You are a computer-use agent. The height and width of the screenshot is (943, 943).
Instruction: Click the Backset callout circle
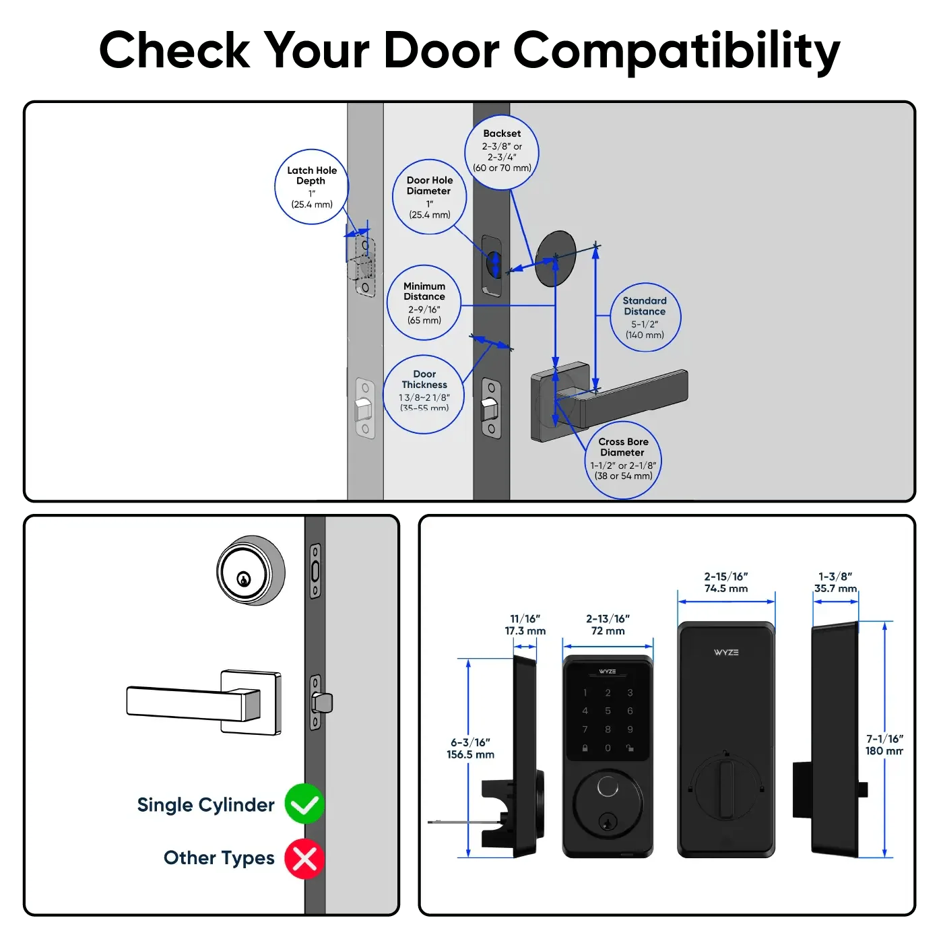click(502, 152)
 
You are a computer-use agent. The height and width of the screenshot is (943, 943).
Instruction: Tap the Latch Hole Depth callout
click(312, 187)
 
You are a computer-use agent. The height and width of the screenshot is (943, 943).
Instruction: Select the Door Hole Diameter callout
click(429, 197)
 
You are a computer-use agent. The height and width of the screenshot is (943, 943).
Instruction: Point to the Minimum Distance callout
click(424, 303)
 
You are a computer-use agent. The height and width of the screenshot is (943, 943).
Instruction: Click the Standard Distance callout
click(645, 317)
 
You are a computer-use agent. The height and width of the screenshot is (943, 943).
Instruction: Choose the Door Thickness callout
click(424, 394)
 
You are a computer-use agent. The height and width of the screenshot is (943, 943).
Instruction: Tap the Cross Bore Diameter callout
click(623, 460)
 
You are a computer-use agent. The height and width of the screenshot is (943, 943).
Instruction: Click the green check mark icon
click(304, 804)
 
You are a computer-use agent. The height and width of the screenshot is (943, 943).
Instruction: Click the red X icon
click(304, 859)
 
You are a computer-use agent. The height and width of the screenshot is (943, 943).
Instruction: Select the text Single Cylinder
click(205, 805)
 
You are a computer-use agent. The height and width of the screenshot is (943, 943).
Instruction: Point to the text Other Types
click(219, 858)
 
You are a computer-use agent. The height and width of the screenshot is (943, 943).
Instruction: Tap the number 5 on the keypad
click(608, 711)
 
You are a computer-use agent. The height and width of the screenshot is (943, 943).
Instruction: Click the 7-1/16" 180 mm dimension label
click(884, 744)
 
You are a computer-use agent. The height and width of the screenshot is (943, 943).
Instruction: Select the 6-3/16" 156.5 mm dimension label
click(470, 748)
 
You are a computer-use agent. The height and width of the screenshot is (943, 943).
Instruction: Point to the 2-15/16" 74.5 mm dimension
click(726, 583)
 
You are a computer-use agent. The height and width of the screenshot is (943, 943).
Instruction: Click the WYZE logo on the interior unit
click(726, 652)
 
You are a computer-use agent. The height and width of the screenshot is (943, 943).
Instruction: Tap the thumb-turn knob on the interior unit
click(725, 787)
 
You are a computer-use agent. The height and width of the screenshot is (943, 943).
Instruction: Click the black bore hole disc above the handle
click(556, 259)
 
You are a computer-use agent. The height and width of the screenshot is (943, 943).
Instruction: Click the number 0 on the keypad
click(608, 748)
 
